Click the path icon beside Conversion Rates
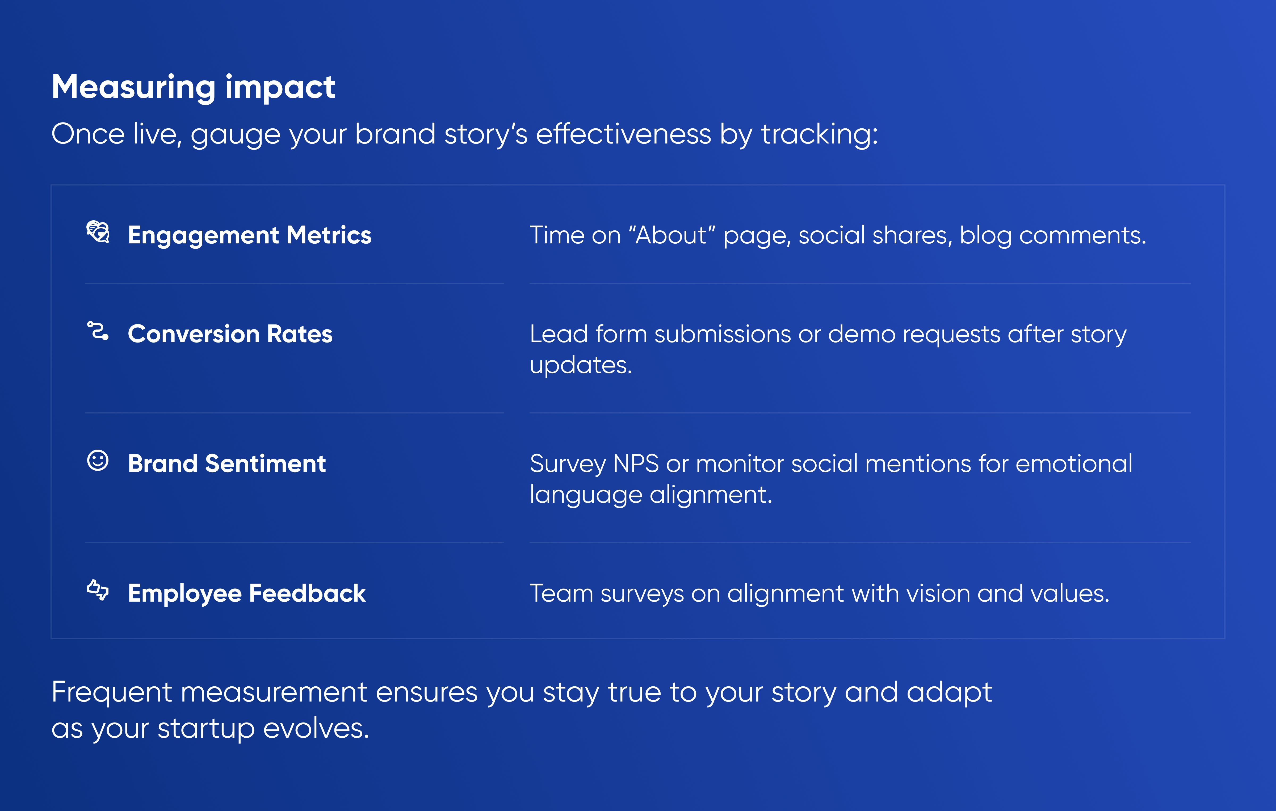point(98,331)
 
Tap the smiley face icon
point(98,460)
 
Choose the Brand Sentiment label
point(227,463)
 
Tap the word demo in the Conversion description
point(862,334)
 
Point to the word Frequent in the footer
point(112,692)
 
